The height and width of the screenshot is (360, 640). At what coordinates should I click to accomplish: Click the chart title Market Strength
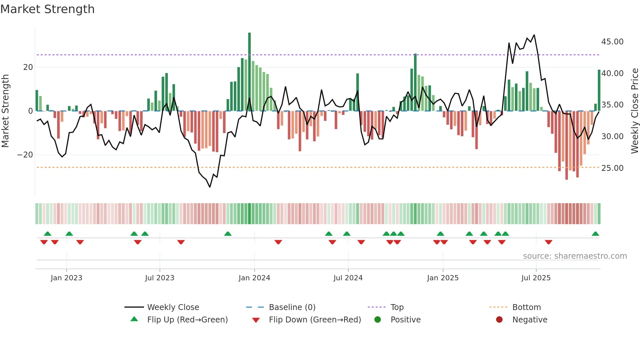pos(48,9)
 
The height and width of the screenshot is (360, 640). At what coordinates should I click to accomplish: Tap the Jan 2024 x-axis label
pos(254,278)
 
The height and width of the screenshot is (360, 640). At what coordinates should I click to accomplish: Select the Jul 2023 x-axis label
pos(160,278)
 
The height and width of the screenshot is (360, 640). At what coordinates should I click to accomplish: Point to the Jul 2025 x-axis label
pos(536,278)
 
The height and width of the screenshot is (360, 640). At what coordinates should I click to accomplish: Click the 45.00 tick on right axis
pos(612,42)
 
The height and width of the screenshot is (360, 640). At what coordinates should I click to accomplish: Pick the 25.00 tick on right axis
pos(612,168)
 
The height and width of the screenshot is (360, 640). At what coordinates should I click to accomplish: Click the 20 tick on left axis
pos(28,67)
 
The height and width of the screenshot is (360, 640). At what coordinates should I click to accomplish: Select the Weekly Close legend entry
pos(173,307)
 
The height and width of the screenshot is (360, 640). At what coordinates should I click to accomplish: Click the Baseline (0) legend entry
pos(292,307)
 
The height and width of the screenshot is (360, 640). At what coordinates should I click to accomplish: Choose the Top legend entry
pos(397,307)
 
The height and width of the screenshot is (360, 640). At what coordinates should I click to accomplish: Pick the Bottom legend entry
pos(526,307)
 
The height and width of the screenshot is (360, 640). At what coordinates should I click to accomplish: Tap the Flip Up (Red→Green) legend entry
pos(187,320)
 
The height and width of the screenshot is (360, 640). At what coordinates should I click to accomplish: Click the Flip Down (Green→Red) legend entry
pos(315,320)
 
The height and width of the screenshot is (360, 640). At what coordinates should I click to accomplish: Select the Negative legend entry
pos(530,320)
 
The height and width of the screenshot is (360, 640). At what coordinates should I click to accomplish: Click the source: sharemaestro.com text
pos(575,256)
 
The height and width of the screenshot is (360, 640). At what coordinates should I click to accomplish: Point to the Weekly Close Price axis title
pos(634,111)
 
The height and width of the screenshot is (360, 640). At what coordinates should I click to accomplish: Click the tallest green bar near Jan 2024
pos(249,72)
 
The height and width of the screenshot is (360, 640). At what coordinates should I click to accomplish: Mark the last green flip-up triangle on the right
pos(595,234)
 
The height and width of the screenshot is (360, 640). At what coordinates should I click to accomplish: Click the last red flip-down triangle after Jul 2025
pos(549,242)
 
